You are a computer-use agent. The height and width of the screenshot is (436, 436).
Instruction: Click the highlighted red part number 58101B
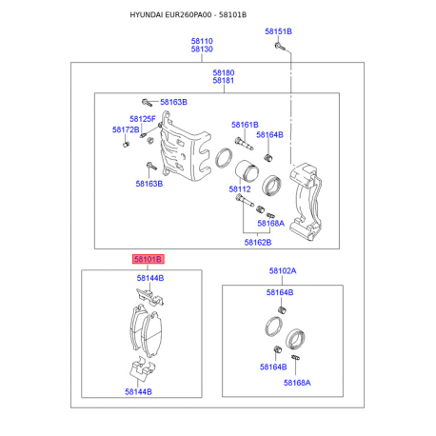(x=149, y=259)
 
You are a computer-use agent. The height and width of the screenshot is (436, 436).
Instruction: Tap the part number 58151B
(x=278, y=31)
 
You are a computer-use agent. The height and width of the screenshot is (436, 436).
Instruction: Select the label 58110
(x=202, y=41)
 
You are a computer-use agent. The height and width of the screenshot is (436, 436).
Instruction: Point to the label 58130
(x=202, y=49)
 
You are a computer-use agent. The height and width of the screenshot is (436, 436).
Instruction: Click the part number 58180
(x=224, y=72)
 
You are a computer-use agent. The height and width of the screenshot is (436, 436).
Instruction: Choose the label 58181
(x=224, y=80)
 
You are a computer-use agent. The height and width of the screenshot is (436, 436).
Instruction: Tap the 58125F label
(x=143, y=119)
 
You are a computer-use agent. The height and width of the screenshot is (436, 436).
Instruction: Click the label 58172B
(x=126, y=129)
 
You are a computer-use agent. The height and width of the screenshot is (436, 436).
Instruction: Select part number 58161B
(x=245, y=125)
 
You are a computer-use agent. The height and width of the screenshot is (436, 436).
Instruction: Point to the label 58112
(x=240, y=189)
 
